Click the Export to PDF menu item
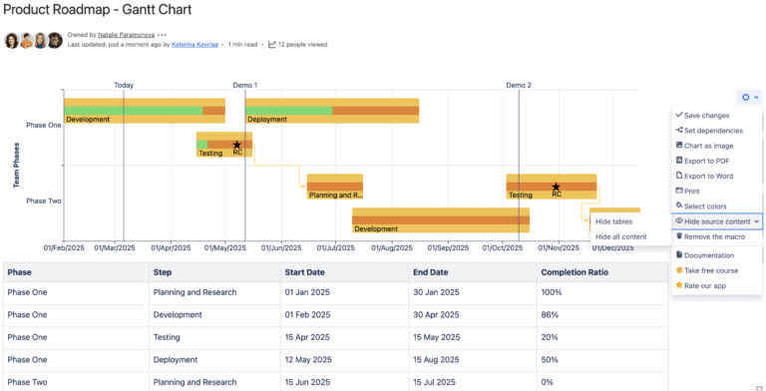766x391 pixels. pyautogui.click(x=707, y=161)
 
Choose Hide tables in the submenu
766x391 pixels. pyautogui.click(x=613, y=221)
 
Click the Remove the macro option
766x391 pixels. pyautogui.click(x=715, y=236)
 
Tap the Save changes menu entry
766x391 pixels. pyautogui.click(x=706, y=116)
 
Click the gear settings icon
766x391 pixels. pyautogui.click(x=745, y=97)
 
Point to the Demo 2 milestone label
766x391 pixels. pyautogui.click(x=519, y=86)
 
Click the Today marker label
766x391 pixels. pyautogui.click(x=124, y=86)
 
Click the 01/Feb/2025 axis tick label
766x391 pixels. pyautogui.click(x=64, y=246)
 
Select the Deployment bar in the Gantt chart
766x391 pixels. pyautogui.click(x=331, y=111)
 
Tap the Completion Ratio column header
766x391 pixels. pyautogui.click(x=574, y=271)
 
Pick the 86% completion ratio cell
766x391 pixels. pyautogui.click(x=551, y=315)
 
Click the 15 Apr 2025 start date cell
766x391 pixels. pyautogui.click(x=307, y=337)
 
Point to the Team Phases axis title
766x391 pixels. pyautogui.click(x=17, y=166)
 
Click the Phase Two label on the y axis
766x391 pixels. pyautogui.click(x=44, y=200)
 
